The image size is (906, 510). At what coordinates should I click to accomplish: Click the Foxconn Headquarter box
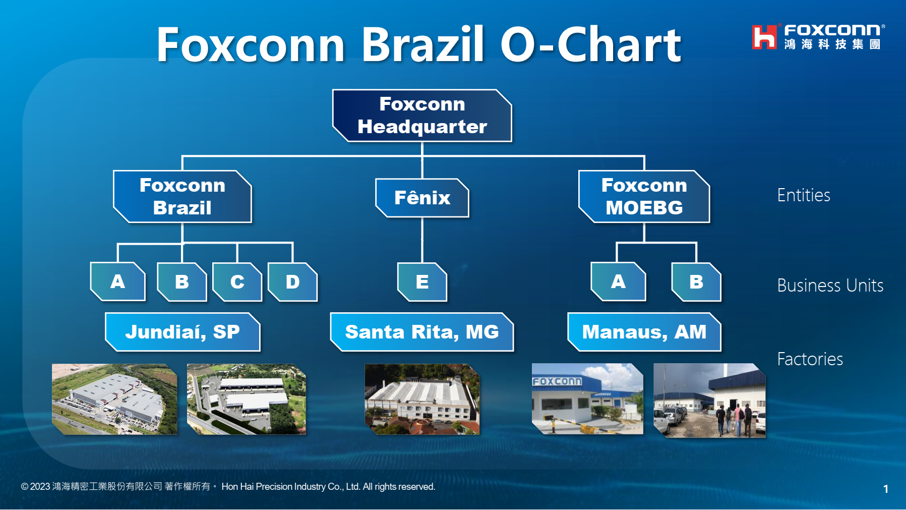(422, 116)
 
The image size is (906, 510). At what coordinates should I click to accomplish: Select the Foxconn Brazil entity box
(182, 197)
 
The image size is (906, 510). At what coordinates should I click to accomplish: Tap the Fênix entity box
(422, 198)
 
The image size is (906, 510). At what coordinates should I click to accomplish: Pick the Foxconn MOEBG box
(644, 197)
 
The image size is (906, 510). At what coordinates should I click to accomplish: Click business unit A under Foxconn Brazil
(118, 281)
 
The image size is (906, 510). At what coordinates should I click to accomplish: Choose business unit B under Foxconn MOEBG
(696, 281)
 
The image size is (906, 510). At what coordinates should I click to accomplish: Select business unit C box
(237, 282)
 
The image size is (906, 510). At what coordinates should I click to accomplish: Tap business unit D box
(292, 282)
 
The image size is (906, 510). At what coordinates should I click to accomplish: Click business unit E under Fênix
(422, 282)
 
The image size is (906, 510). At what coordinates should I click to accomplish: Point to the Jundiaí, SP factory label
(183, 332)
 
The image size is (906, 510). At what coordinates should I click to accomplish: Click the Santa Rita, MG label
(422, 332)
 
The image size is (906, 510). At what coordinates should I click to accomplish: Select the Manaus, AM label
(644, 332)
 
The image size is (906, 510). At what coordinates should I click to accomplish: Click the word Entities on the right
(803, 195)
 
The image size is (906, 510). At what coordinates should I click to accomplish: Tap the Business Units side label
(830, 286)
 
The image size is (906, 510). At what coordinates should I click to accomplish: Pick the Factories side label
(810, 359)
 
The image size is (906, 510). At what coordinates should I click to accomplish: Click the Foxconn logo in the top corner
(817, 37)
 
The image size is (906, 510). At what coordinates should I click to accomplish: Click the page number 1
(885, 489)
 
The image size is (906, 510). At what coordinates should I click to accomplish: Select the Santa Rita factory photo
(422, 399)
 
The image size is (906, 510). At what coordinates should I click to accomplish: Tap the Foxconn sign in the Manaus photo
(557, 381)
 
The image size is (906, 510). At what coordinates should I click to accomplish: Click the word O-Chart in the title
(590, 45)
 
